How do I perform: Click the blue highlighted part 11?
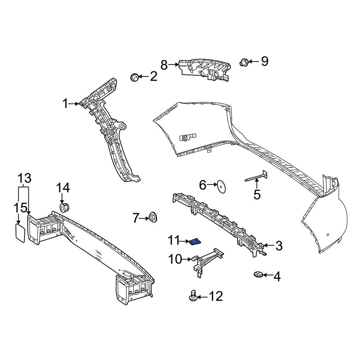(x=195, y=241)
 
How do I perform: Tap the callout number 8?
(x=164, y=65)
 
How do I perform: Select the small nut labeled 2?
(x=134, y=77)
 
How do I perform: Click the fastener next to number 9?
(x=243, y=63)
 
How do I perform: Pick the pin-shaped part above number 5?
(x=256, y=177)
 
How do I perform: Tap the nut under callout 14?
(x=64, y=208)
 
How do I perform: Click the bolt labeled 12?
(x=193, y=296)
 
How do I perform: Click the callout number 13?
(x=24, y=178)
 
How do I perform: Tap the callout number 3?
(x=279, y=246)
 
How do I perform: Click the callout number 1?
(x=65, y=104)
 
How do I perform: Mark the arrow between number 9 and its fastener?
(x=253, y=62)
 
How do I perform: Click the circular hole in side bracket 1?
(x=122, y=127)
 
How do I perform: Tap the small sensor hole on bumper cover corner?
(x=328, y=235)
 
